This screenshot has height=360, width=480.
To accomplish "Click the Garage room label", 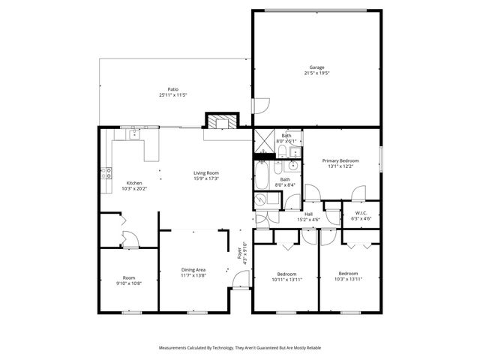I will coord(316,67).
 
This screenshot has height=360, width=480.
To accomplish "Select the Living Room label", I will coord(206,173).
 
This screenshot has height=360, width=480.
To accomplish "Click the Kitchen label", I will coord(134,183).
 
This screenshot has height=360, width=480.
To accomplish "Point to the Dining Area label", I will coord(193,270).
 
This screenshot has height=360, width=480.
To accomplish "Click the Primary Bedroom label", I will coord(340,160).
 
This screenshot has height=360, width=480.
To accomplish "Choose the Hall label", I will coord(308,214).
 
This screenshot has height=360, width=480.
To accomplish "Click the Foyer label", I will coord(241,253).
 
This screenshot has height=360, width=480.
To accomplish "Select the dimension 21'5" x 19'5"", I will coord(316,73).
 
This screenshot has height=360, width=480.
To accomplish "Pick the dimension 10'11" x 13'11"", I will coord(286,279).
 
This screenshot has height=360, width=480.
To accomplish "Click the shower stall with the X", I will coord(263,139).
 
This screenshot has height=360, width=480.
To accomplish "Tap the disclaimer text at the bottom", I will coord(240,348).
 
